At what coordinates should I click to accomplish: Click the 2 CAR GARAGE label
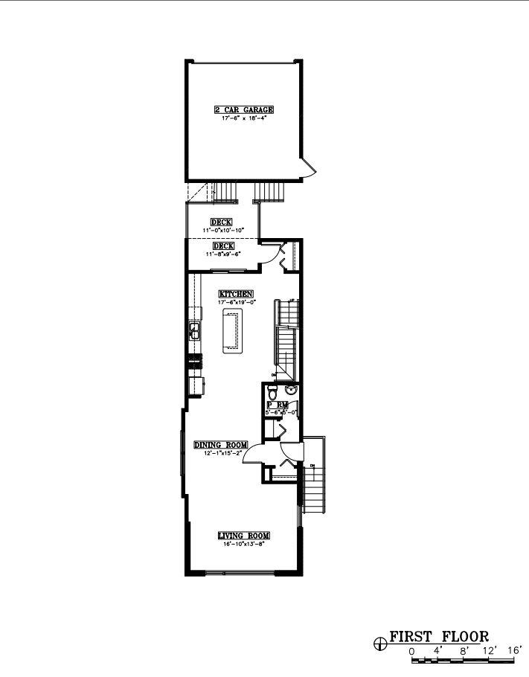(243, 110)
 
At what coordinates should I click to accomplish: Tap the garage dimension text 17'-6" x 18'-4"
(243, 118)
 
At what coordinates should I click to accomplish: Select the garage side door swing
(309, 168)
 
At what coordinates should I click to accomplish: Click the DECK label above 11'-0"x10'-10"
(221, 222)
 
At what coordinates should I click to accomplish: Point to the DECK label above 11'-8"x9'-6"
(223, 246)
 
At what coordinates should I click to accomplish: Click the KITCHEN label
(236, 294)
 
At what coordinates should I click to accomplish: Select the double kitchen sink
(194, 330)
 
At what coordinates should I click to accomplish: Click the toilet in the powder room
(273, 391)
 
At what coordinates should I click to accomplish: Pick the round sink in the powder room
(291, 391)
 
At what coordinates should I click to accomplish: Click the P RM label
(277, 405)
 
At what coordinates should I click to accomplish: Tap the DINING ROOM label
(220, 445)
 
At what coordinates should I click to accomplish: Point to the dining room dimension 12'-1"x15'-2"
(220, 453)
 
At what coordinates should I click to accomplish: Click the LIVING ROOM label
(243, 536)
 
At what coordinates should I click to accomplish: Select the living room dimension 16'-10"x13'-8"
(243, 544)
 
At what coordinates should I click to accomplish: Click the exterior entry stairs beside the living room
(315, 484)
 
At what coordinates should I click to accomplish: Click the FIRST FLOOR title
(439, 637)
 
